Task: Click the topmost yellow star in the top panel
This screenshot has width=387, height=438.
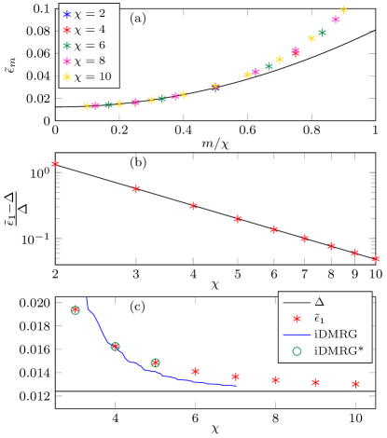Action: (x=343, y=10)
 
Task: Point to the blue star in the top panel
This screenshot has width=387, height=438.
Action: (x=215, y=88)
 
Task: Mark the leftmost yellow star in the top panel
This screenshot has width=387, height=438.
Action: (x=88, y=106)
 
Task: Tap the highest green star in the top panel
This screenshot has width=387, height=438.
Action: (x=322, y=33)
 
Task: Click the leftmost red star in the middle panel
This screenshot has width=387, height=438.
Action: (x=55, y=164)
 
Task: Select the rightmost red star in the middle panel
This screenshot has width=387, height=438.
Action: (x=375, y=259)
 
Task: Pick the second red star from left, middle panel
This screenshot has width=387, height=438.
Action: (x=136, y=189)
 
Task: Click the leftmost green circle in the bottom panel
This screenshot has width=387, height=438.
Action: (x=76, y=309)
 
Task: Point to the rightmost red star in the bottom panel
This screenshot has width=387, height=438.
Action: (x=355, y=384)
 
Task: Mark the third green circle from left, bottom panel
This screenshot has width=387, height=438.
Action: (x=155, y=363)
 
